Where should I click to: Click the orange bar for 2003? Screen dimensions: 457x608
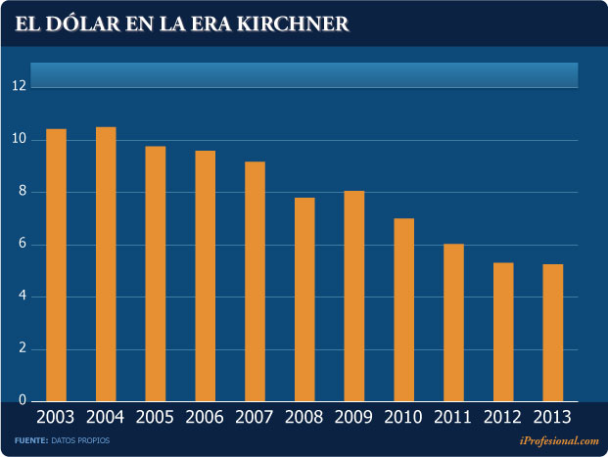pyautogui.click(x=57, y=264)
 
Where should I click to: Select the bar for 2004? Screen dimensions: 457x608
pyautogui.click(x=106, y=264)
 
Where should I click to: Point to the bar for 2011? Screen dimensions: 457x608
pyautogui.click(x=453, y=322)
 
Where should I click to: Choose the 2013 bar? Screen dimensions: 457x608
pyautogui.click(x=552, y=333)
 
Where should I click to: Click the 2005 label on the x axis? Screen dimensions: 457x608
pyautogui.click(x=156, y=418)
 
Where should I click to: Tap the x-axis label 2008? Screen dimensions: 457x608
pyautogui.click(x=304, y=418)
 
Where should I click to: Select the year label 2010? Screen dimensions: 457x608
pyautogui.click(x=403, y=418)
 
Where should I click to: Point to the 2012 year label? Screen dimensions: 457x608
pyautogui.click(x=503, y=418)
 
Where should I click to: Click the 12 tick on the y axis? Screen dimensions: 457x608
pyautogui.click(x=19, y=86)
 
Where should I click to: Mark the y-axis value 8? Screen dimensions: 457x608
pyautogui.click(x=19, y=192)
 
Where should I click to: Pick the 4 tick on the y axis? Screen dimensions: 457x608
pyautogui.click(x=19, y=297)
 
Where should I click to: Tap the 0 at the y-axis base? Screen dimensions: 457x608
pyautogui.click(x=19, y=401)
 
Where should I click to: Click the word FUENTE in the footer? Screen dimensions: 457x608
pyautogui.click(x=31, y=442)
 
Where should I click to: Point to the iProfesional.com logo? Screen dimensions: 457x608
pyautogui.click(x=554, y=442)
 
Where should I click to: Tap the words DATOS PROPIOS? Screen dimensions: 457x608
pyautogui.click(x=82, y=442)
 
